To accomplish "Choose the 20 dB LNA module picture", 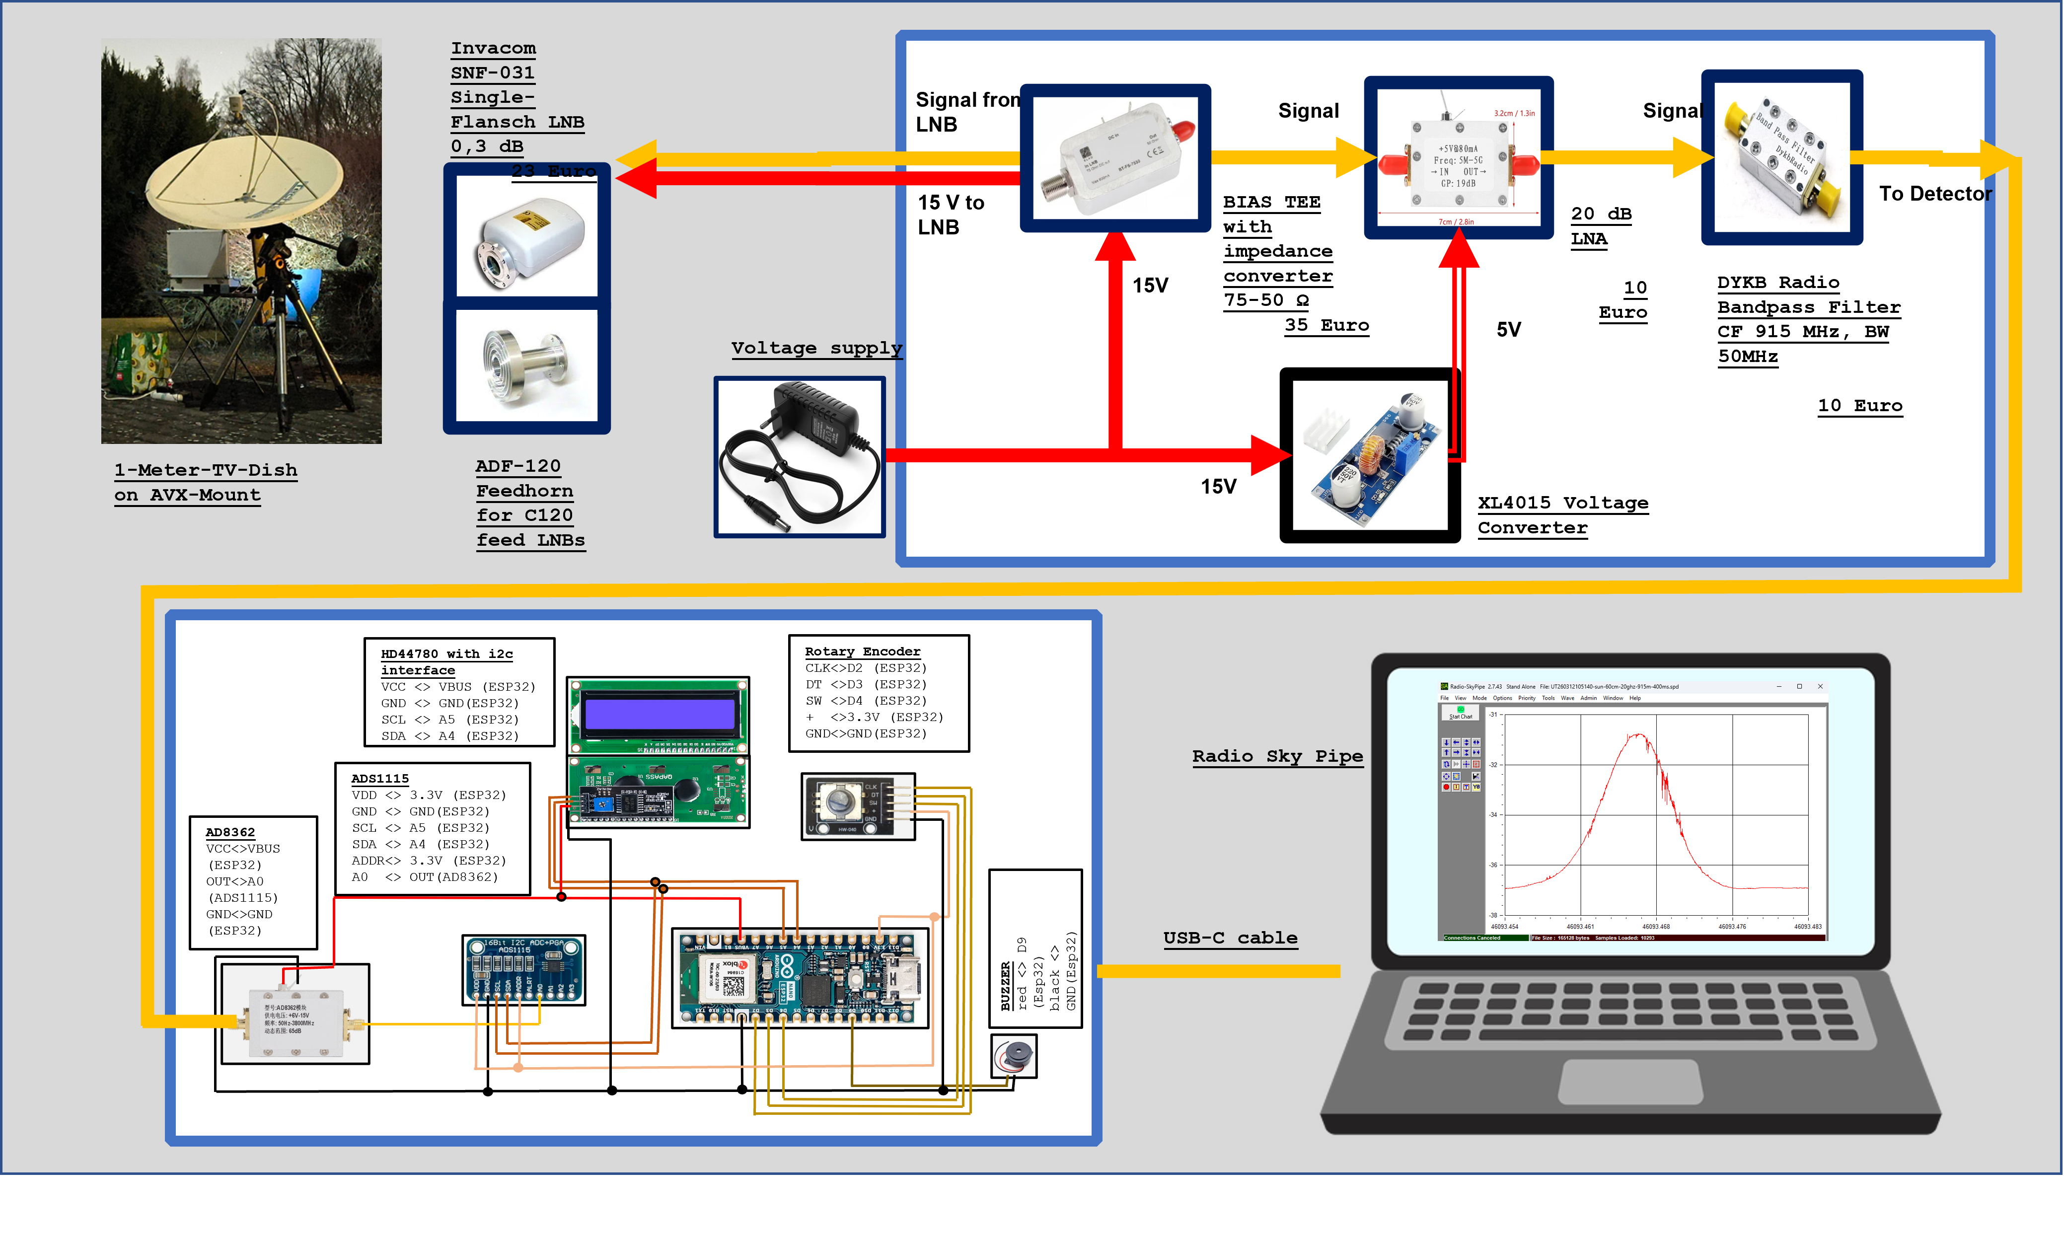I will pos(1458,158).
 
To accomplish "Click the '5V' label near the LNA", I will pos(1508,330).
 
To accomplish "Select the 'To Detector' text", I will pos(1934,194).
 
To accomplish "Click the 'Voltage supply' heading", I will pos(816,348).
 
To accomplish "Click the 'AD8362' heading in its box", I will pos(230,832).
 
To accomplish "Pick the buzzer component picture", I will pos(1014,1056).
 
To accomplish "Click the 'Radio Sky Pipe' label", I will pos(1277,756).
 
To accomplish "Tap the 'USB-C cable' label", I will pos(1230,938).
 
